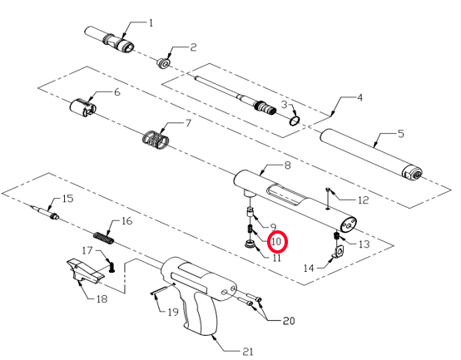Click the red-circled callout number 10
pyautogui.click(x=277, y=242)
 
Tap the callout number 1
pyautogui.click(x=151, y=23)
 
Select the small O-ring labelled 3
pyautogui.click(x=295, y=121)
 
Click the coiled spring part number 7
pyautogui.click(x=155, y=140)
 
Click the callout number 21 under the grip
pyautogui.click(x=248, y=351)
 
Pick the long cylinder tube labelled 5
pyautogui.click(x=371, y=155)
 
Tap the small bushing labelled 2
pyautogui.click(x=163, y=64)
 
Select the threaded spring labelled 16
pyautogui.click(x=103, y=238)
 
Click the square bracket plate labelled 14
pyautogui.click(x=339, y=252)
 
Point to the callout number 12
pyautogui.click(x=364, y=200)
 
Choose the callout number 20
pyautogui.click(x=289, y=320)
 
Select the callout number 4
pyautogui.click(x=359, y=97)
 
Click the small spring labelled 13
pyautogui.click(x=336, y=235)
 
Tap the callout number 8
pyautogui.click(x=288, y=165)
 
